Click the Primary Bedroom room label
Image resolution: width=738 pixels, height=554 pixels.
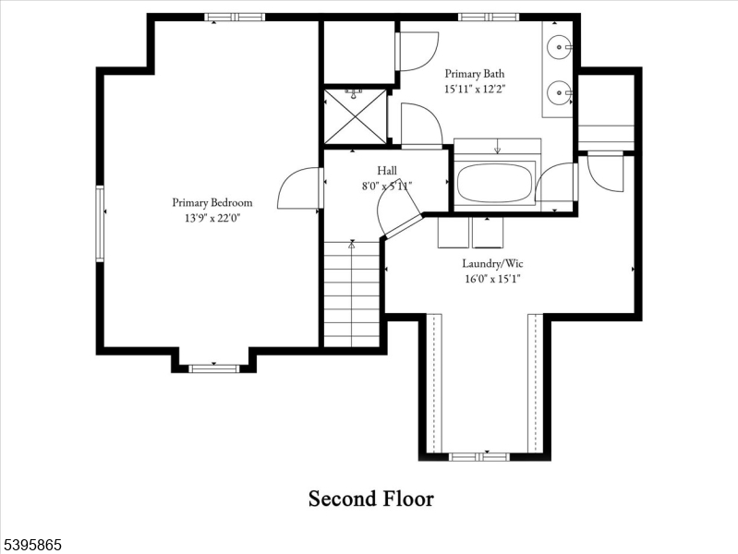coord(212,202)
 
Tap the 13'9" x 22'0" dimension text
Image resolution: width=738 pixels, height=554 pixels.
coord(212,218)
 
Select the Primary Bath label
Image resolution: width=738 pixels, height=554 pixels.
coord(475,74)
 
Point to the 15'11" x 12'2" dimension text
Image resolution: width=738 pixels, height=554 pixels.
coord(475,90)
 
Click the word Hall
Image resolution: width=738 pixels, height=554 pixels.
coord(387,171)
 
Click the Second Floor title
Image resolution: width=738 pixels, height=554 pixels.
coord(370,499)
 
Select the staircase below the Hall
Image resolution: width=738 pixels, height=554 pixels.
coord(352,294)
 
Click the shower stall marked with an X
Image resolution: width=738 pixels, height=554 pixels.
coord(356,116)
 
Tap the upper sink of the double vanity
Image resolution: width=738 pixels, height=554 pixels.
coord(559,44)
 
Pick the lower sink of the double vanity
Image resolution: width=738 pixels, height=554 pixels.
coord(559,92)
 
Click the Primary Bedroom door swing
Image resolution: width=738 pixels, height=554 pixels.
coord(299,189)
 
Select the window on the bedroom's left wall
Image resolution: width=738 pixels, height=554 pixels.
coord(100,223)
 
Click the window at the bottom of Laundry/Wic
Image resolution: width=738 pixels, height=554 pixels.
coord(478,456)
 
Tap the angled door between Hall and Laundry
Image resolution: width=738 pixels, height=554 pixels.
coord(397,211)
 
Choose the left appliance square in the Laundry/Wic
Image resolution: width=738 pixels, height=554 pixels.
coord(452,233)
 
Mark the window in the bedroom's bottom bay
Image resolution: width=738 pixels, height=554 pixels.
coord(213,368)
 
